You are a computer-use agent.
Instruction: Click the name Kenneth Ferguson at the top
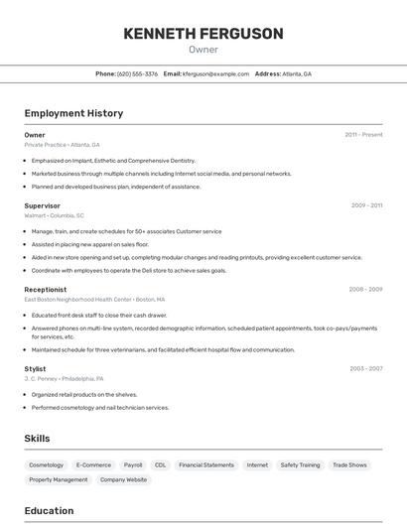203,34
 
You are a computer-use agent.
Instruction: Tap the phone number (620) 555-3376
137,73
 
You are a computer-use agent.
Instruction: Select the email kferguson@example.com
215,73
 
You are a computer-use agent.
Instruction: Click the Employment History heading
73,113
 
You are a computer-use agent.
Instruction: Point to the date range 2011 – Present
363,135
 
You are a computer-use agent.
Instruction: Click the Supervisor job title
42,205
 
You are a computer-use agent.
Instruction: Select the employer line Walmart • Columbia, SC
54,215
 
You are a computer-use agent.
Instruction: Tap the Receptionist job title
45,290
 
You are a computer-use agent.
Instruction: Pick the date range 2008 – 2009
365,290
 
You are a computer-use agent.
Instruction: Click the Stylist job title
35,368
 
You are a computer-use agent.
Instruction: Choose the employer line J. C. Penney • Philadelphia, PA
64,378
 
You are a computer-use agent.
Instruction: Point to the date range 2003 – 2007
365,368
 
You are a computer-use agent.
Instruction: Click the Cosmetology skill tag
46,464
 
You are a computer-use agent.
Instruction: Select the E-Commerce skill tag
93,464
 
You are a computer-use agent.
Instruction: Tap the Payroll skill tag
132,464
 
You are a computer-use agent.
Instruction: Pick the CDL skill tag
160,464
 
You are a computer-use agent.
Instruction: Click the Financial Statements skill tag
206,464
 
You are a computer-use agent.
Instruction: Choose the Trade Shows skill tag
349,464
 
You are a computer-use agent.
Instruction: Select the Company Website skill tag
123,479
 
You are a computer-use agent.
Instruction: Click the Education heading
49,511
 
